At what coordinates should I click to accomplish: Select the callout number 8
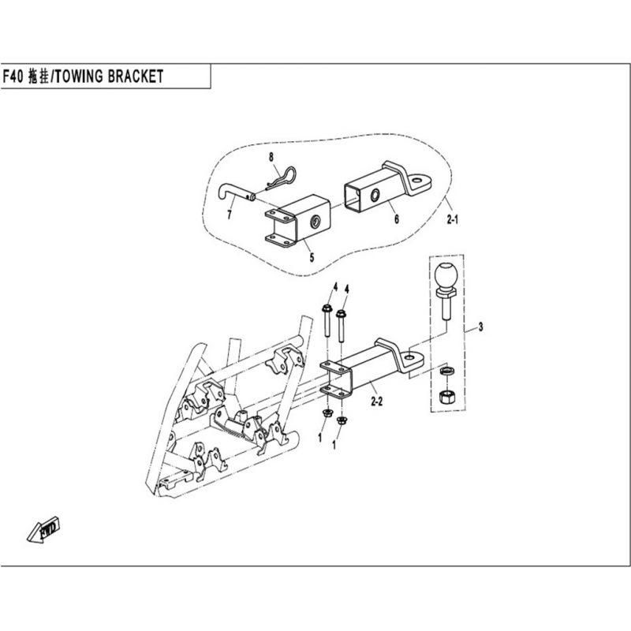(272, 158)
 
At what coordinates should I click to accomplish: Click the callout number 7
(230, 214)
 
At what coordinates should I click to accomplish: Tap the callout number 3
(480, 327)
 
